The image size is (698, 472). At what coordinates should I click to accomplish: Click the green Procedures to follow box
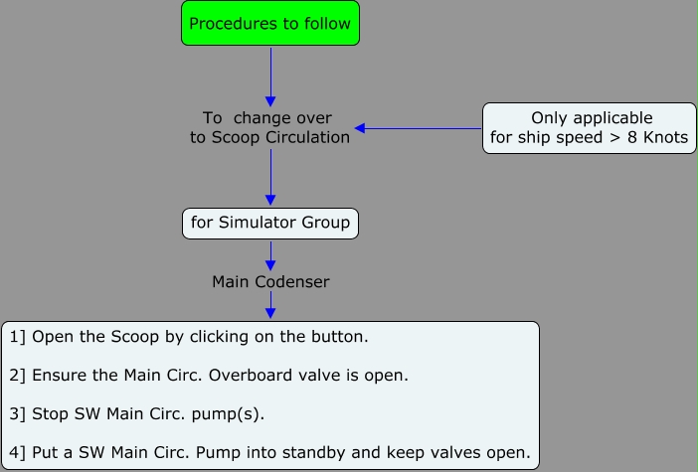click(270, 23)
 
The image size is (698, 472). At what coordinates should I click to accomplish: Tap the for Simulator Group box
click(270, 224)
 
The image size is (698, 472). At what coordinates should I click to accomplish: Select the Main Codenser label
click(270, 281)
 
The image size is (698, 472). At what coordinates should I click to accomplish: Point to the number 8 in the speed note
click(632, 137)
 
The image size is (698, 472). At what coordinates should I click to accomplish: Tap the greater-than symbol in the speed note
click(615, 138)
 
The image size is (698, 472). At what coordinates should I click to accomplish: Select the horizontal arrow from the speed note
click(418, 128)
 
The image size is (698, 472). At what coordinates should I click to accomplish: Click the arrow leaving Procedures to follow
click(270, 77)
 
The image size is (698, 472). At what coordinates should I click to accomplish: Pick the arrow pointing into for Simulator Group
click(270, 177)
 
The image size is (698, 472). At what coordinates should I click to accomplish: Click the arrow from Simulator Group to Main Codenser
click(270, 255)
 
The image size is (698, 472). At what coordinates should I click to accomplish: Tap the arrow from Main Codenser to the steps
click(270, 305)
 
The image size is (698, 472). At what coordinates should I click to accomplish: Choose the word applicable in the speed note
click(612, 118)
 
